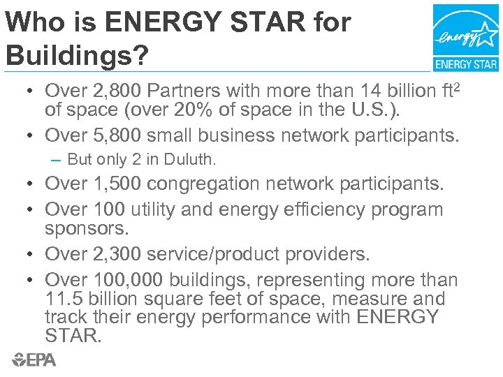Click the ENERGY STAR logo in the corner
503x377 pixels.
[x=465, y=38]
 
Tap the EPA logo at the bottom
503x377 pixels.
[x=34, y=360]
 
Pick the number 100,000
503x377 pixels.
[x=129, y=280]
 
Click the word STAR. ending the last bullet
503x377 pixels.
[x=73, y=337]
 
